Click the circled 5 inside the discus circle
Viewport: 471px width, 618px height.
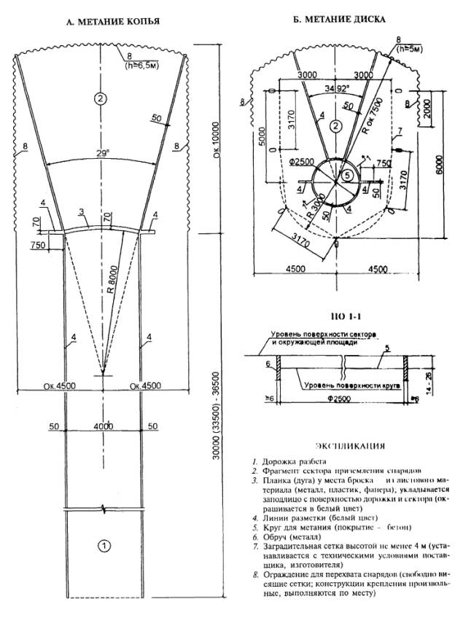pos(348,175)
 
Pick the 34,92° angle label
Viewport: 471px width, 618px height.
pos(327,89)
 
